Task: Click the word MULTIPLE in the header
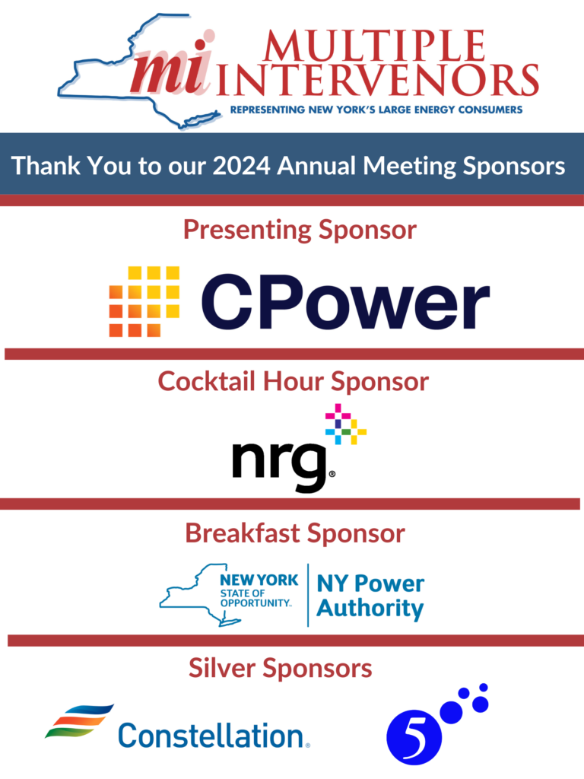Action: click(374, 46)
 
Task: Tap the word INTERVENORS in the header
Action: click(378, 80)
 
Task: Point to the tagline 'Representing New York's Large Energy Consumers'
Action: click(376, 110)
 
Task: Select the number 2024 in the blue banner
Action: click(241, 166)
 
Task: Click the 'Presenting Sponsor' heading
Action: click(300, 230)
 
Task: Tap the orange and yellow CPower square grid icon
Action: click(144, 301)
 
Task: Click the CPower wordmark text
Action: click(346, 301)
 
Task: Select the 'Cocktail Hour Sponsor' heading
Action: click(293, 382)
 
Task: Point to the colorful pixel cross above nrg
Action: click(346, 424)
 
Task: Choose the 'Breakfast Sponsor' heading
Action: click(295, 533)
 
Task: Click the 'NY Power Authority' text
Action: click(370, 596)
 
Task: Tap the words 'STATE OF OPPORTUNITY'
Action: click(255, 598)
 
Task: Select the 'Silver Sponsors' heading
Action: click(280, 668)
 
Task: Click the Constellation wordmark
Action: click(214, 736)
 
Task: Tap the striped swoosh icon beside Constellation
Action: click(79, 721)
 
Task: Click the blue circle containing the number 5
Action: click(414, 736)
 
